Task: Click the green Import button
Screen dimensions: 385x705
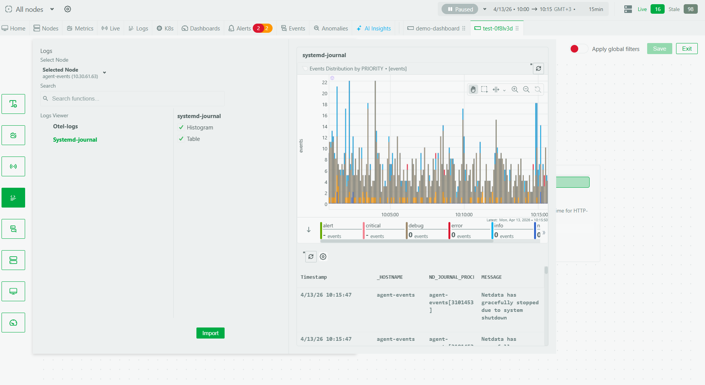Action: [x=210, y=333]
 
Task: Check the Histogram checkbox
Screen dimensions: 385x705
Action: [x=182, y=128]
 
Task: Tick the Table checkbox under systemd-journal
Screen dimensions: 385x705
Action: [x=182, y=139]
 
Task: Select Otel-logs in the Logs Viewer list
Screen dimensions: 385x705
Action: [x=65, y=126]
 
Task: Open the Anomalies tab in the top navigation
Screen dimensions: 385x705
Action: [x=331, y=29]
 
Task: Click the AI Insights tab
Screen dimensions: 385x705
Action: [x=374, y=29]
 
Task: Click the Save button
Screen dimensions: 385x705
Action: [x=659, y=49]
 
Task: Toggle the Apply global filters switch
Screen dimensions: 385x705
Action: [x=578, y=49]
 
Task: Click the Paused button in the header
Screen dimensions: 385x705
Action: [x=460, y=9]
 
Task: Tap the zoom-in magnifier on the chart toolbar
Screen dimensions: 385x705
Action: [x=515, y=89]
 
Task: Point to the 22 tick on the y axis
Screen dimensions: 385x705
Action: [x=324, y=82]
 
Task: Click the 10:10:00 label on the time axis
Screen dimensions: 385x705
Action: [x=464, y=215]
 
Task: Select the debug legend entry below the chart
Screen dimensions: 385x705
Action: [x=416, y=226]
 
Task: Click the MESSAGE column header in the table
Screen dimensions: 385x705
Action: [x=491, y=277]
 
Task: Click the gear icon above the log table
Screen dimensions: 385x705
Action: [x=323, y=257]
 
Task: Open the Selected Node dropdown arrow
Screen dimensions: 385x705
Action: [x=104, y=73]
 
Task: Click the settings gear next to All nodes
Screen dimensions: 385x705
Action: [x=68, y=9]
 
